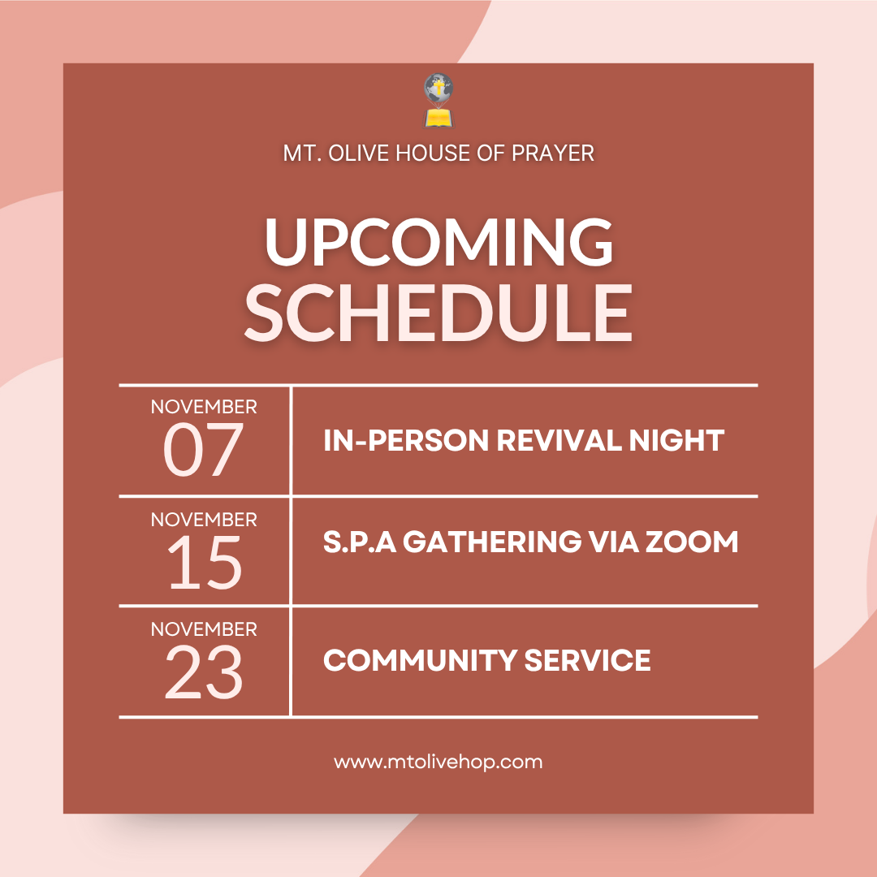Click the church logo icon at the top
tap(438, 101)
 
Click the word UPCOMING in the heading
tap(438, 243)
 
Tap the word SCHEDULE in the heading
tap(438, 313)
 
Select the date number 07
tap(203, 451)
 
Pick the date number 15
tap(205, 563)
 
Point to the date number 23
tap(204, 673)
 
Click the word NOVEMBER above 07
tap(204, 406)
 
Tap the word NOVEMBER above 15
tap(204, 519)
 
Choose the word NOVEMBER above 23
tap(204, 629)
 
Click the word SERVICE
tap(587, 660)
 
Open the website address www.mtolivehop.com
tap(438, 762)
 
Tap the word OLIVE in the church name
tap(356, 153)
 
